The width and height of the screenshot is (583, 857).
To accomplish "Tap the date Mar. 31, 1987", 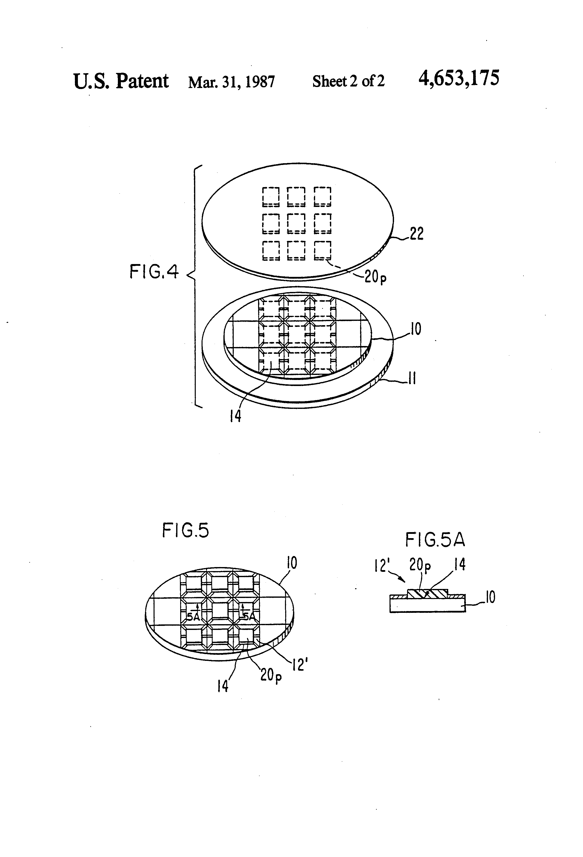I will coord(231,81).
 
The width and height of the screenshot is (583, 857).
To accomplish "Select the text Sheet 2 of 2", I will coord(348,81).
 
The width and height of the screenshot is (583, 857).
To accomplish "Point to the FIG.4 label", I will coord(154,272).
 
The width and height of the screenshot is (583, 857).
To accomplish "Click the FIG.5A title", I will coord(435,540).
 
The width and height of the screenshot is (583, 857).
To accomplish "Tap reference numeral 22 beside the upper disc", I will coord(416,234).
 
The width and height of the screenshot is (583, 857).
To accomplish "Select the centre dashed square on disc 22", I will coord(296,224).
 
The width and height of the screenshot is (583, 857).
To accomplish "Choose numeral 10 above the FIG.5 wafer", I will coord(291,563).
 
